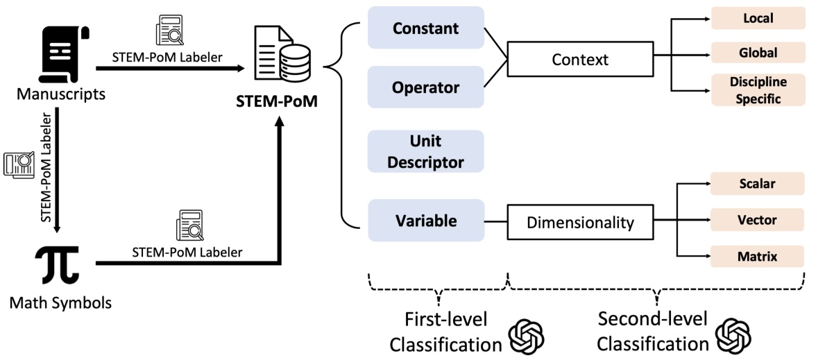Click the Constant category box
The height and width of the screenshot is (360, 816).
(426, 28)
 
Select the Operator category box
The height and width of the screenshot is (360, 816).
(426, 87)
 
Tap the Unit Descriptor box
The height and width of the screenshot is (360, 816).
(426, 152)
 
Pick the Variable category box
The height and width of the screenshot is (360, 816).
(426, 221)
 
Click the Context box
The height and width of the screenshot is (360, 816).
(579, 60)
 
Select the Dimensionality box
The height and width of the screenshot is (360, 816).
(579, 223)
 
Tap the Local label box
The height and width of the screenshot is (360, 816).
(758, 18)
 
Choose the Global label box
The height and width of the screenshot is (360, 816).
(758, 52)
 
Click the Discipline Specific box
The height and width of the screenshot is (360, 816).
(758, 90)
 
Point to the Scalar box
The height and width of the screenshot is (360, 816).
(758, 184)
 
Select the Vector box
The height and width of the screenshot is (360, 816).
(758, 220)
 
